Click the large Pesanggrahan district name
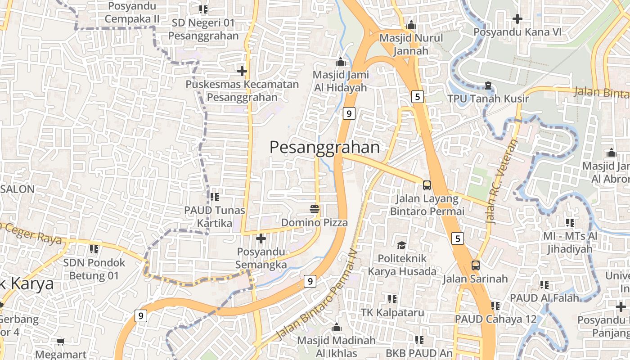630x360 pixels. tap(324, 147)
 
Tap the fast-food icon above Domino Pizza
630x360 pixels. tap(315, 209)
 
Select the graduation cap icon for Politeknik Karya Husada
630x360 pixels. tap(401, 245)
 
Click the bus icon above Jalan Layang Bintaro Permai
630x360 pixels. tap(427, 185)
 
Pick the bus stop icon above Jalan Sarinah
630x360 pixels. tap(476, 265)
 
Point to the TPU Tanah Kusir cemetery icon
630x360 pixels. tap(488, 85)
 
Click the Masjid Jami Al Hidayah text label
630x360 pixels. tap(340, 81)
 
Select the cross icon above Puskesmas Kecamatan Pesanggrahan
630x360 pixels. tap(242, 71)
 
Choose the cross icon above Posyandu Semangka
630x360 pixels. tap(261, 238)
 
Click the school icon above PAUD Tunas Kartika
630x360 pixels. tap(215, 197)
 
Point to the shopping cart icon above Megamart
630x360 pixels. tap(61, 342)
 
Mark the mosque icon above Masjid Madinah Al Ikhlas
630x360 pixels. tap(336, 328)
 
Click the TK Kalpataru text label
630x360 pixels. tap(392, 312)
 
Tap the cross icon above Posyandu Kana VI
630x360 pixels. tap(517, 19)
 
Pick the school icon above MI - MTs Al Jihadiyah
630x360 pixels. tap(570, 222)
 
